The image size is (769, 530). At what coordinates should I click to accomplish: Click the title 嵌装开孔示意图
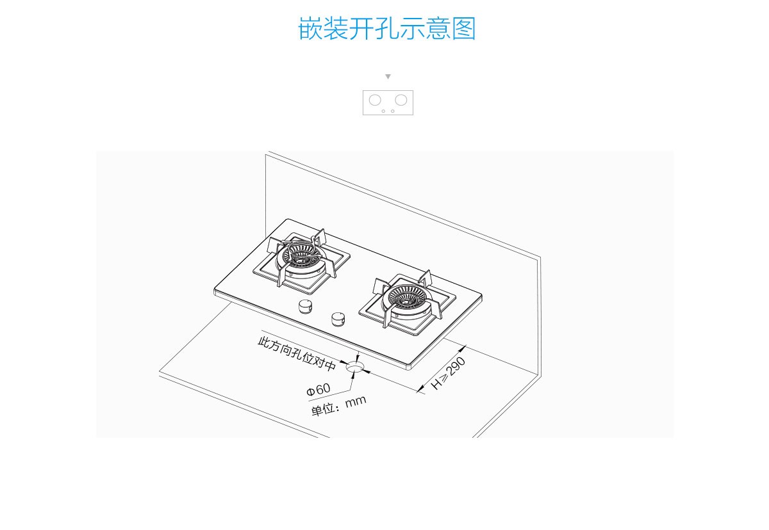pyautogui.click(x=387, y=29)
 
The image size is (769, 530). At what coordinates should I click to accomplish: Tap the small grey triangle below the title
pyautogui.click(x=388, y=77)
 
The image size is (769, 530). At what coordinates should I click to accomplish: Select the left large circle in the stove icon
pyautogui.click(x=376, y=100)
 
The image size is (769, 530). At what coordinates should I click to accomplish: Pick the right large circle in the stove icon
pyautogui.click(x=401, y=100)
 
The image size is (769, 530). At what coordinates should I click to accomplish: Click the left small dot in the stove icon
pyautogui.click(x=383, y=111)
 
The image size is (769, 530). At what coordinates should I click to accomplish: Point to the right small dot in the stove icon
pyautogui.click(x=393, y=111)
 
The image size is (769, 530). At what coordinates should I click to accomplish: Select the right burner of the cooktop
pyautogui.click(x=406, y=299)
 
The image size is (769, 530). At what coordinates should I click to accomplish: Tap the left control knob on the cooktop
pyautogui.click(x=305, y=307)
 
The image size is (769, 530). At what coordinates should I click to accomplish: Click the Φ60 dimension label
pyautogui.click(x=318, y=389)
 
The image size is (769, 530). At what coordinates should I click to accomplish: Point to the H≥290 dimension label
pyautogui.click(x=449, y=374)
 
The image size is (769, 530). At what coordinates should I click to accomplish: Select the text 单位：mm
pyautogui.click(x=338, y=406)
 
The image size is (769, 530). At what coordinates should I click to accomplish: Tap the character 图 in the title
pyautogui.click(x=464, y=29)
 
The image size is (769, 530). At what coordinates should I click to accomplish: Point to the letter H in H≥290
pyautogui.click(x=437, y=385)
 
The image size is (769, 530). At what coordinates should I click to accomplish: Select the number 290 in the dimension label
pyautogui.click(x=456, y=367)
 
